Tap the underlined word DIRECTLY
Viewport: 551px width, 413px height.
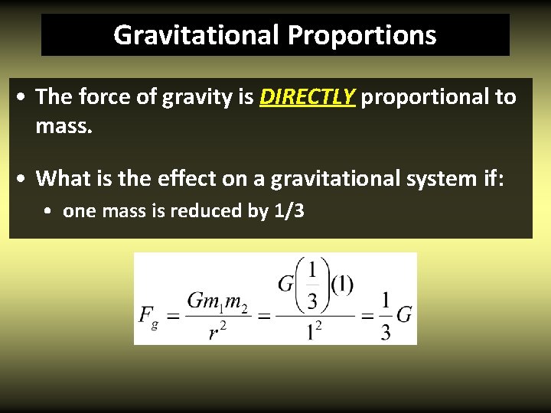pyautogui.click(x=308, y=97)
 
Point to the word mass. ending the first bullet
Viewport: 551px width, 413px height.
pyautogui.click(x=64, y=125)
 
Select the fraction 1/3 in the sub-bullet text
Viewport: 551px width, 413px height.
pyautogui.click(x=288, y=211)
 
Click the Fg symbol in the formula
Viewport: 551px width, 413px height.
pyautogui.click(x=148, y=315)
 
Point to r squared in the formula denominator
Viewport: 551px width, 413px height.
pyautogui.click(x=217, y=329)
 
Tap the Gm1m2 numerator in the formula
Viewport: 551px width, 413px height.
pyautogui.click(x=218, y=301)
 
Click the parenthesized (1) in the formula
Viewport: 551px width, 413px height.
pyautogui.click(x=341, y=285)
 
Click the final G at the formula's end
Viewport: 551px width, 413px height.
pyautogui.click(x=405, y=314)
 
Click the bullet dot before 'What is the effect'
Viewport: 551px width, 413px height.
pyautogui.click(x=24, y=179)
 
